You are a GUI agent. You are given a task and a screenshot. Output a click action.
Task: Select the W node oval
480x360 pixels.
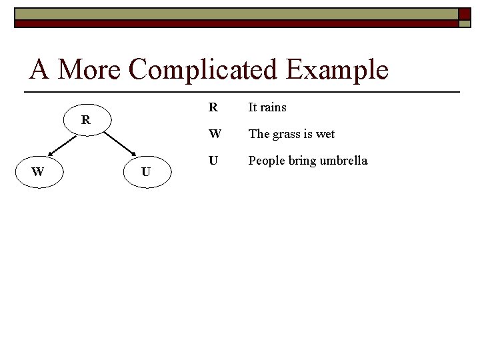(x=38, y=171)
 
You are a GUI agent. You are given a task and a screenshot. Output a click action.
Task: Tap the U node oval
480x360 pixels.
(x=146, y=172)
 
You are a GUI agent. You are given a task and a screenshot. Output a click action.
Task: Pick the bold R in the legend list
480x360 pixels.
(x=213, y=107)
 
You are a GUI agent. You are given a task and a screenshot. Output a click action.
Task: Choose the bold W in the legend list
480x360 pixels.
(x=214, y=133)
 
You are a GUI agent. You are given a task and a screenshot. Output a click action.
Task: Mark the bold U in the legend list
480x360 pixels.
(x=213, y=160)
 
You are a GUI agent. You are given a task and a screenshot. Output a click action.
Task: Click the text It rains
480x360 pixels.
(x=267, y=107)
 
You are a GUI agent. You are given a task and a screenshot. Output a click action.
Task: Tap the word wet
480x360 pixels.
(x=325, y=134)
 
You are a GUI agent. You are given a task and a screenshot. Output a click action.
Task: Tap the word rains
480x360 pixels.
(x=273, y=107)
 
